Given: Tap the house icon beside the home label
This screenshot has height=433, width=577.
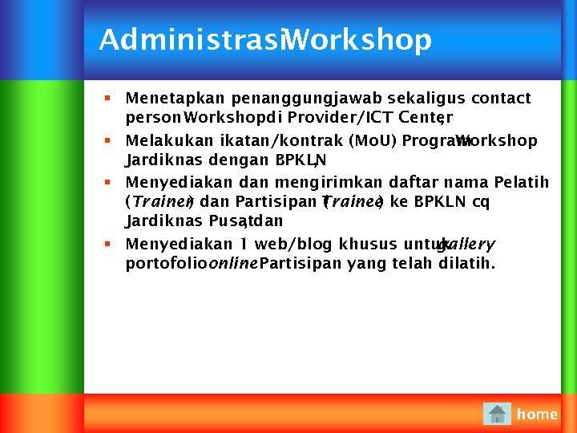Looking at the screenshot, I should click(x=497, y=414).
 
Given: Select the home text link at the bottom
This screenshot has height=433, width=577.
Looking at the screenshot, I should click(x=537, y=414).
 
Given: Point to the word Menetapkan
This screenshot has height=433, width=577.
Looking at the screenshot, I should click(x=176, y=99).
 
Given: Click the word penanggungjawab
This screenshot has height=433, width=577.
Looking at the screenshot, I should click(x=307, y=99).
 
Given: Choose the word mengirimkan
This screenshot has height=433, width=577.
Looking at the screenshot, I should click(x=298, y=183).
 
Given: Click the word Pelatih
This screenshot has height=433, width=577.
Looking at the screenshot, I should click(x=522, y=183).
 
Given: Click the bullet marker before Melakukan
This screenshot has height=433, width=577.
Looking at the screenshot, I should click(x=107, y=141).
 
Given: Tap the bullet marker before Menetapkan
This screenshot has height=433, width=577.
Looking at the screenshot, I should click(x=107, y=99).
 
